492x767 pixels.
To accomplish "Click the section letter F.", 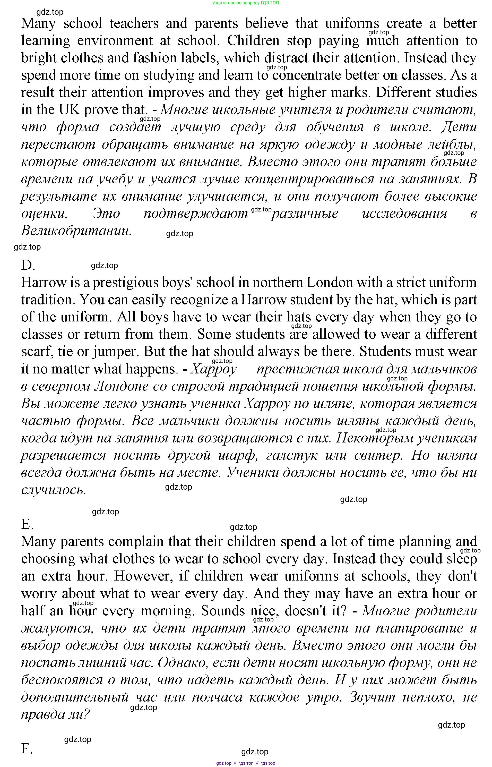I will (27, 749).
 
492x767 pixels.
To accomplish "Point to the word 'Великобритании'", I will (76, 231).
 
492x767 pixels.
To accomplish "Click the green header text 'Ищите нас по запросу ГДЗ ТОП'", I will (245, 3).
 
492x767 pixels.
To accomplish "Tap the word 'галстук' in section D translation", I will (291, 455).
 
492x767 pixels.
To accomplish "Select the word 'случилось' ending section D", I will (53, 490).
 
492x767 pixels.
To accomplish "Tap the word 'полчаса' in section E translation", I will (217, 697).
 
